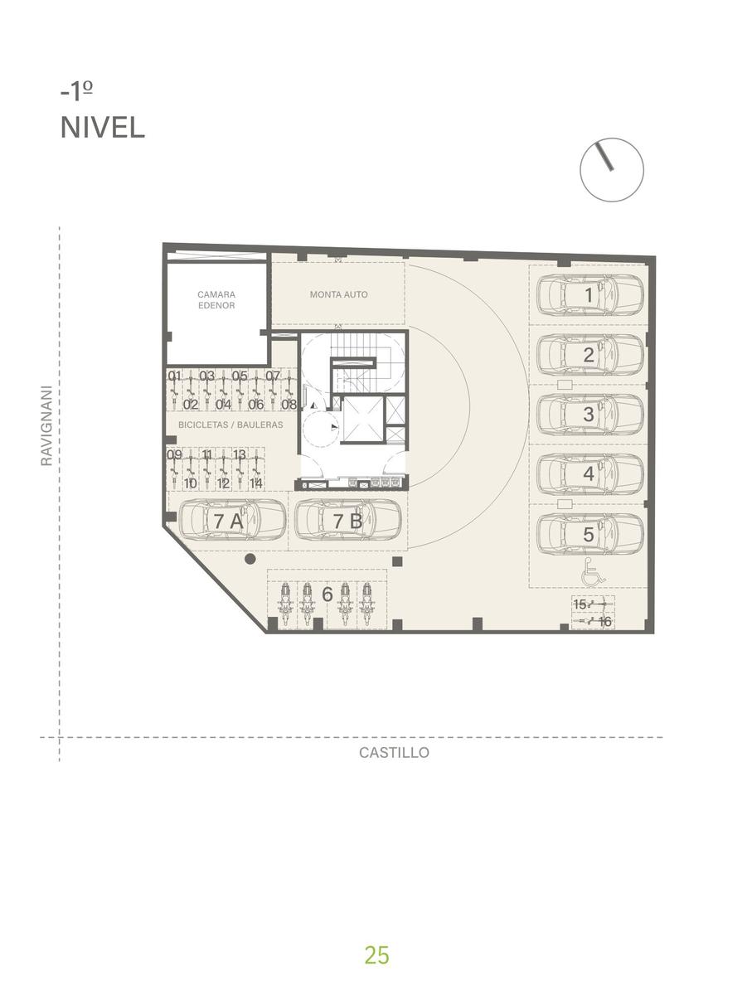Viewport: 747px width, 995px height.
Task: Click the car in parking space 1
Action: point(589,294)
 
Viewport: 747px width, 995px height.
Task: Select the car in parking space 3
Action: point(589,415)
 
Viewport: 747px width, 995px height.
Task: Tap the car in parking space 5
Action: point(589,534)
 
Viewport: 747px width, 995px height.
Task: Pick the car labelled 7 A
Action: point(232,521)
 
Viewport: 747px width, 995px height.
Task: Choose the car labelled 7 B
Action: point(348,521)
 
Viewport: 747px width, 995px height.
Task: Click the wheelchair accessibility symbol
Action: point(594,572)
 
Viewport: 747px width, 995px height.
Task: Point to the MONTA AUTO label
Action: point(338,294)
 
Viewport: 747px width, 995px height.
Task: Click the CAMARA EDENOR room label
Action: point(216,300)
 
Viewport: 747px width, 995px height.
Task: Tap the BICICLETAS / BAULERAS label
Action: point(230,425)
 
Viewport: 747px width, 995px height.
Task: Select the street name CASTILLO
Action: point(394,753)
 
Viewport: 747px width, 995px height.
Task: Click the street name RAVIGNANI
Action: point(46,425)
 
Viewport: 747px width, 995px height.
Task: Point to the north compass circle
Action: point(612,170)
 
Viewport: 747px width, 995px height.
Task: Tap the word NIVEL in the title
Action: point(103,128)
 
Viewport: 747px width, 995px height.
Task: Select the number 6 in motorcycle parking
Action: point(327,594)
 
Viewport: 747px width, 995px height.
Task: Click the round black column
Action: point(250,559)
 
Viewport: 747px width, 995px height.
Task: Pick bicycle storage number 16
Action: point(604,622)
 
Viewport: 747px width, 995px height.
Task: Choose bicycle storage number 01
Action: point(174,376)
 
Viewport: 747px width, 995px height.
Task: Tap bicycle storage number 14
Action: point(256,483)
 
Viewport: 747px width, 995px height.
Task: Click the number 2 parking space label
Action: point(589,355)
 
